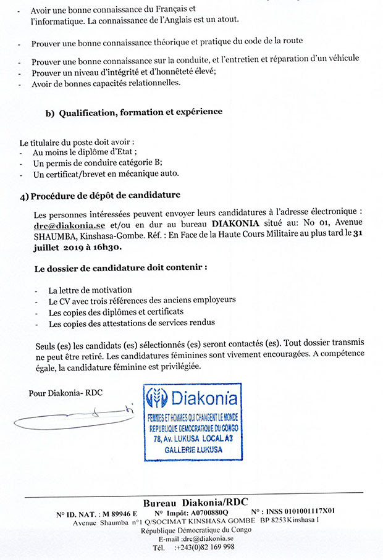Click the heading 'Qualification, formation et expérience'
[140, 112]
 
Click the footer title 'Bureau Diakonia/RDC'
[195, 502]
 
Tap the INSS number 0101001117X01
[305, 512]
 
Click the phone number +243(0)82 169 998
[204, 548]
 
